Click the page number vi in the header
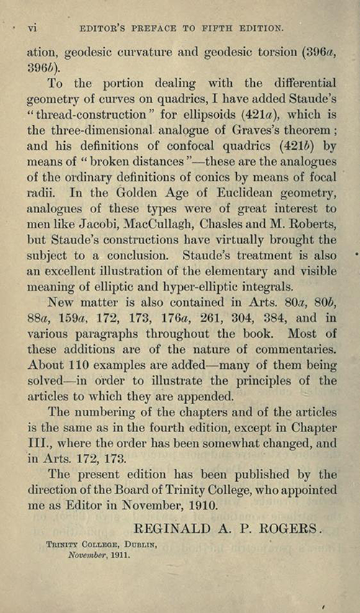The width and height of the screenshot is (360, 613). click(x=32, y=28)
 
